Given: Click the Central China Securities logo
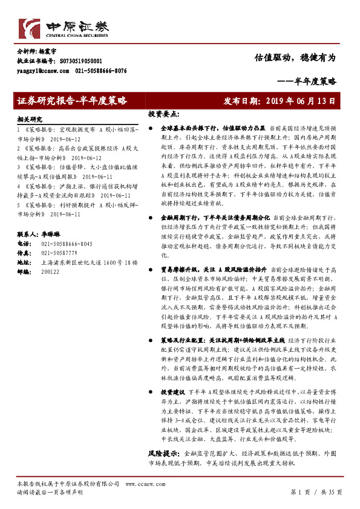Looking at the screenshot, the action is tap(64, 28).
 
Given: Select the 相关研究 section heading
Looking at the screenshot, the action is tap(30, 119).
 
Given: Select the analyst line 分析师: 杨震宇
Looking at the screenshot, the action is tap(39, 53).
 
